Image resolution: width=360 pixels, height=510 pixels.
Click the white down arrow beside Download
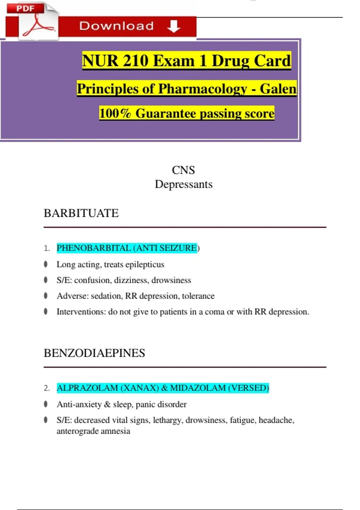click(174, 26)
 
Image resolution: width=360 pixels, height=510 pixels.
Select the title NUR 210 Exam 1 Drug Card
click(186, 61)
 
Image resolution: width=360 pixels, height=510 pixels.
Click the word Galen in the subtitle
click(278, 89)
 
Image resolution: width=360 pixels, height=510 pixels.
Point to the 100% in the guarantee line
click(115, 113)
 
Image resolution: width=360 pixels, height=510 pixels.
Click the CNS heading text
click(183, 170)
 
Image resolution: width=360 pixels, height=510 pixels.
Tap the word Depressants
click(183, 184)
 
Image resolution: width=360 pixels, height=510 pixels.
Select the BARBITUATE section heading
click(81, 213)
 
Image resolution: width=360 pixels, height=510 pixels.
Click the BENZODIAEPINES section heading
click(94, 353)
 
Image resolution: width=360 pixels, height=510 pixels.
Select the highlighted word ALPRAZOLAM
click(87, 388)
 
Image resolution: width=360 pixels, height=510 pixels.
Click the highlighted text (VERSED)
click(248, 388)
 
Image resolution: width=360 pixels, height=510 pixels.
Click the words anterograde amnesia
click(93, 431)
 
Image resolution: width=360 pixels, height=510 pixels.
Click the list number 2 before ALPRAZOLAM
click(47, 388)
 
